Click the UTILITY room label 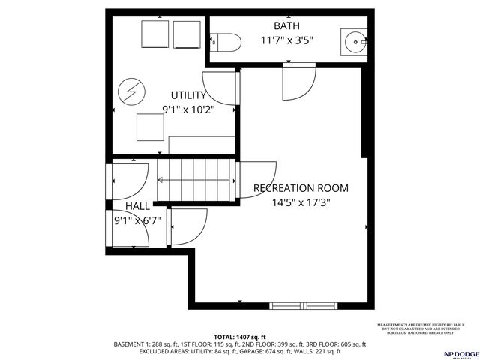[188, 95]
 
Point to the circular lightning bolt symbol [131, 93]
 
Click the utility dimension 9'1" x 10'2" [188, 109]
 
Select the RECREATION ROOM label [301, 187]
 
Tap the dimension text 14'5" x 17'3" [301, 202]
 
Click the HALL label [137, 206]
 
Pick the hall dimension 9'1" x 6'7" [137, 220]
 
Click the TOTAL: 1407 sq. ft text [240, 337]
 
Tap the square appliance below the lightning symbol [148, 127]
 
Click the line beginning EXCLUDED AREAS [240, 351]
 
